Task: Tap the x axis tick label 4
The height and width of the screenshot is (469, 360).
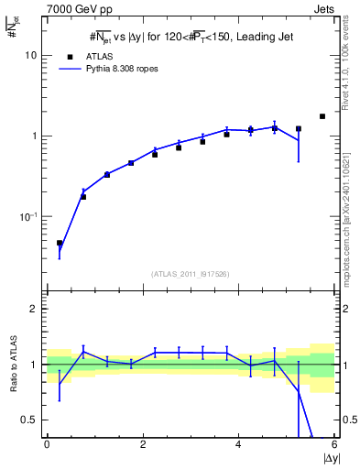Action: click(238, 444)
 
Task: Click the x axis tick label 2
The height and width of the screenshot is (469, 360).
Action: click(143, 444)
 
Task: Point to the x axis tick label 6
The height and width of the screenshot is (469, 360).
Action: click(333, 444)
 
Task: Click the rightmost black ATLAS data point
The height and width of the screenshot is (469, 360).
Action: click(322, 116)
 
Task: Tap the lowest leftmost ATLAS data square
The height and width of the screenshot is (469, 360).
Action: click(60, 244)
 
